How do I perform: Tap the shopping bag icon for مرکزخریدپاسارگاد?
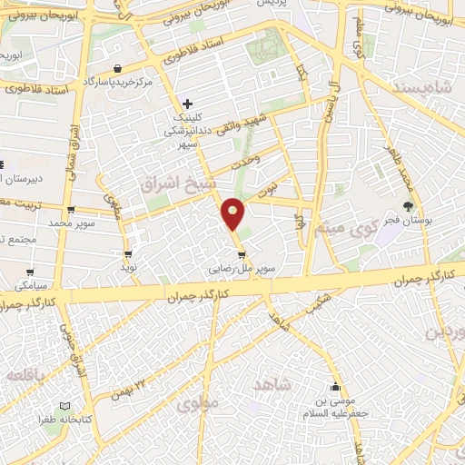coord(119,68)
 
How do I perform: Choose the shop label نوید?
coord(129,269)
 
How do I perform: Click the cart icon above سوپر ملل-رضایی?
coord(241,255)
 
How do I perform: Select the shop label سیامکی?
coord(31,284)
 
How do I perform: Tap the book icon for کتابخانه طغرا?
coord(64,406)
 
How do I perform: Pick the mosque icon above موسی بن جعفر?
coord(337,386)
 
